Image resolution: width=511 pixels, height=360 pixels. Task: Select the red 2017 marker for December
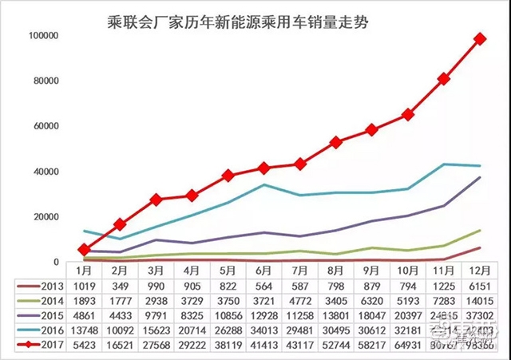(x=480, y=38)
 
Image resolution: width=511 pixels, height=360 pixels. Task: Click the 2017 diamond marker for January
(x=84, y=250)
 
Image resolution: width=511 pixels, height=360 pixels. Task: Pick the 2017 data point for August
(x=336, y=142)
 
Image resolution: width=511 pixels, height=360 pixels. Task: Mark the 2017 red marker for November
(x=444, y=79)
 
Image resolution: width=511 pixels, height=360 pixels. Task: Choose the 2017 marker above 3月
(x=156, y=200)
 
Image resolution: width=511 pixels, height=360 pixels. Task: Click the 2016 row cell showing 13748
(x=84, y=332)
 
